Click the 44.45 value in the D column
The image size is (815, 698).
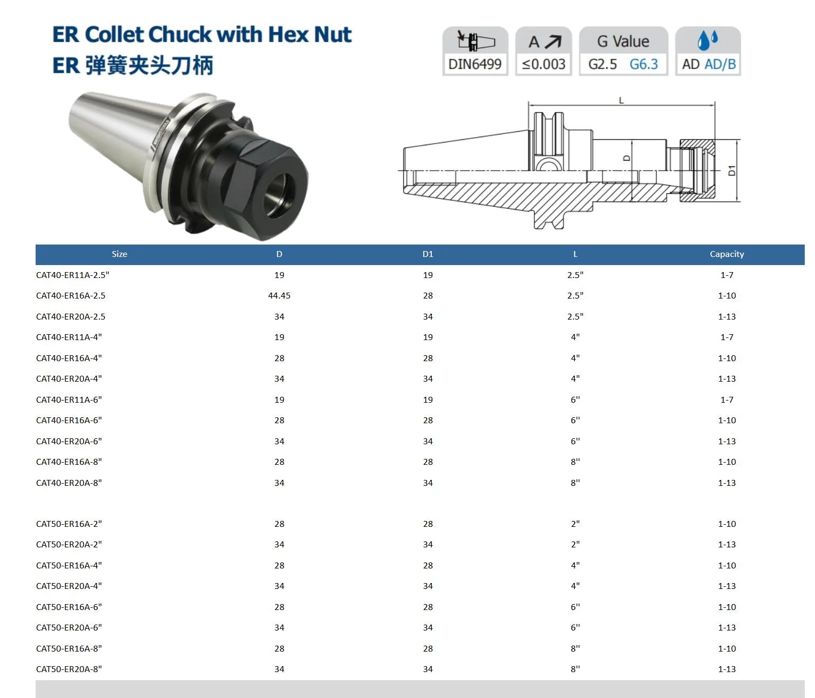[279, 295]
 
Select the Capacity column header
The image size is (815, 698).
[726, 254]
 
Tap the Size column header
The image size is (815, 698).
[119, 254]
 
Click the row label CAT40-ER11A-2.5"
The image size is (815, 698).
[72, 275]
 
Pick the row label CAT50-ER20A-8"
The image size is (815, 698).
[69, 669]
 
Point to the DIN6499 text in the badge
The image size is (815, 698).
[475, 64]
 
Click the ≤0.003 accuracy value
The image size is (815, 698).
[544, 64]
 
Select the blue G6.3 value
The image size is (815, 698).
[643, 64]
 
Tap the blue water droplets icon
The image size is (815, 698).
[708, 40]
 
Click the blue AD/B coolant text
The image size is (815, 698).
[720, 64]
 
